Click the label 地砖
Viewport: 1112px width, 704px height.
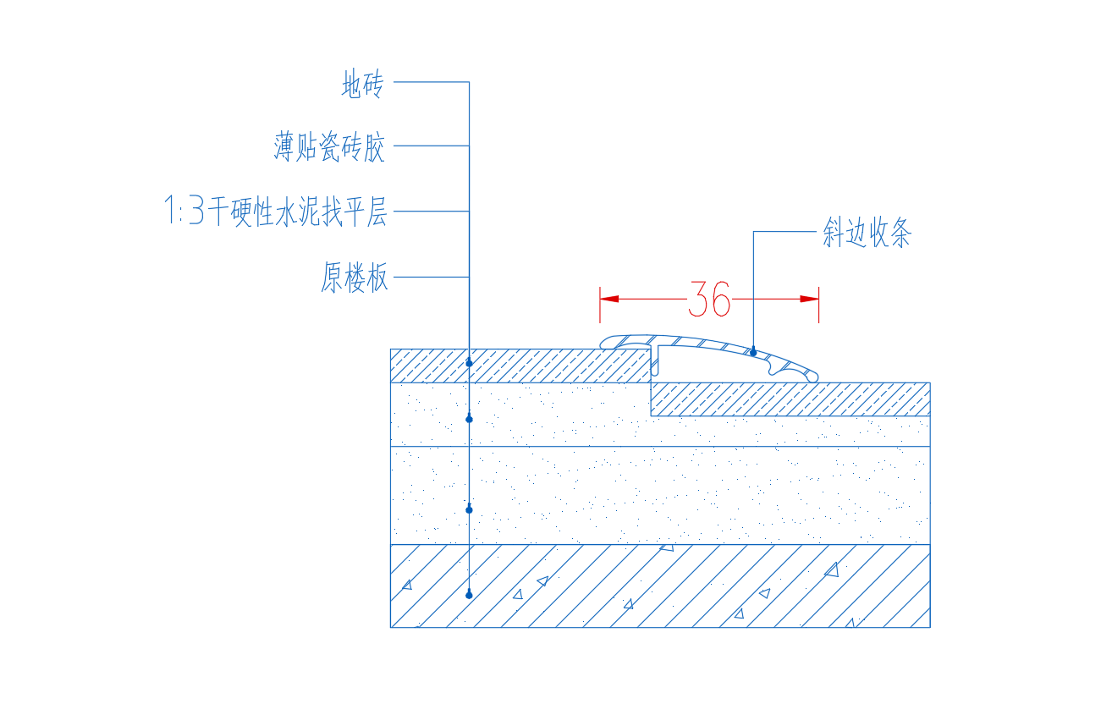click(x=362, y=84)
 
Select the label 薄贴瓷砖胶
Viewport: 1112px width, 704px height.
click(x=329, y=146)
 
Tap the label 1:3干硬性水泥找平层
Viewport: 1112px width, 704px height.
click(x=276, y=211)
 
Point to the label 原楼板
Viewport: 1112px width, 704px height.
click(x=354, y=277)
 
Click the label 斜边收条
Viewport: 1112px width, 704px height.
click(x=867, y=232)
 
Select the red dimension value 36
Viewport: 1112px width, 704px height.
click(x=709, y=299)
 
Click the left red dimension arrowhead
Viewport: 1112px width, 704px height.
click(x=609, y=299)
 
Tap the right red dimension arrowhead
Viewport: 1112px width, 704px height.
click(x=809, y=299)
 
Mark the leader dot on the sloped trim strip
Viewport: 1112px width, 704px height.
click(x=753, y=353)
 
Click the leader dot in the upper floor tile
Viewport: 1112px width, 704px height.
click(x=469, y=363)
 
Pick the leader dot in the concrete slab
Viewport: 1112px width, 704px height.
click(x=469, y=595)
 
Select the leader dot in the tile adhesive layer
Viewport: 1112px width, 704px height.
click(x=469, y=419)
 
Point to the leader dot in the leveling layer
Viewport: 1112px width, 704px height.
click(x=469, y=509)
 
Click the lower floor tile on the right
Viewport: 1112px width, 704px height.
click(x=790, y=399)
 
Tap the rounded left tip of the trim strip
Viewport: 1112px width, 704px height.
click(x=602, y=343)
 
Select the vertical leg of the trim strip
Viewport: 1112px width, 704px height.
click(x=655, y=360)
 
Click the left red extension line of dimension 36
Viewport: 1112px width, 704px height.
click(x=600, y=305)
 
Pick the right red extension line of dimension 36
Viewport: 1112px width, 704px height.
click(x=818, y=305)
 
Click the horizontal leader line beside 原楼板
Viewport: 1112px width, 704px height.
click(x=432, y=277)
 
